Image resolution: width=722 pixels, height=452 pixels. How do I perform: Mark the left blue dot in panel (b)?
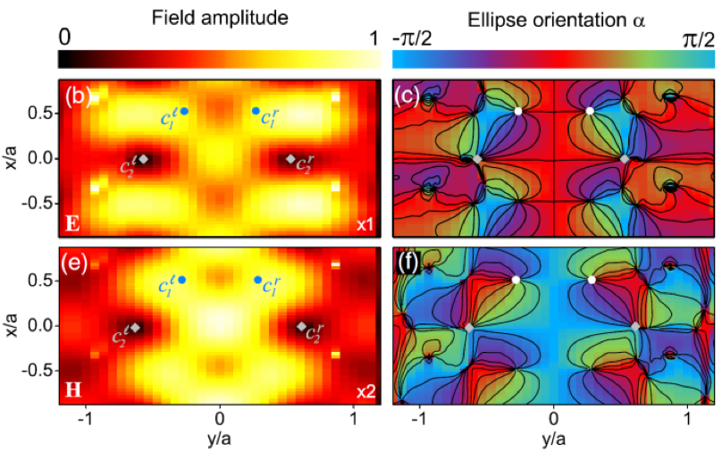tap(185, 111)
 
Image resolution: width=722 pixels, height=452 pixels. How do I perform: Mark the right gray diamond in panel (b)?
tap(290, 159)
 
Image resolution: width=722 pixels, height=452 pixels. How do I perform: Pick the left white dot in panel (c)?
tap(518, 111)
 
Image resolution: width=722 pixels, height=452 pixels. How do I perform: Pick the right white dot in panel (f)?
tap(592, 280)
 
